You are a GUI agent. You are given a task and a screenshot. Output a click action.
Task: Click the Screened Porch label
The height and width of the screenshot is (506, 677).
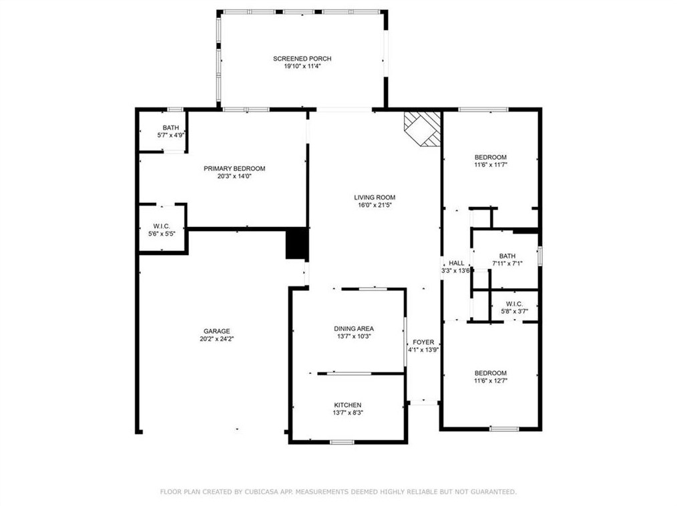pos(302,59)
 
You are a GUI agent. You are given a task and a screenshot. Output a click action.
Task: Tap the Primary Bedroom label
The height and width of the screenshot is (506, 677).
pos(234,168)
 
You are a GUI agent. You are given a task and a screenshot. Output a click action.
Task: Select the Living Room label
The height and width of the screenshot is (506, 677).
pos(375,198)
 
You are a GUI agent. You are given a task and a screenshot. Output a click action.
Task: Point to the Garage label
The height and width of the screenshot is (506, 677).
pos(217,331)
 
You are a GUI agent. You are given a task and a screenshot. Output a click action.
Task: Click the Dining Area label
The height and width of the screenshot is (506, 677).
pos(354,328)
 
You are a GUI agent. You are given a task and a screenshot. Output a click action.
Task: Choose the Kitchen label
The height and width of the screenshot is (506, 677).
pos(348,405)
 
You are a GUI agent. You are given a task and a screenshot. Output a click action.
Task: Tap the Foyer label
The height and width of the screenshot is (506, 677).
pos(423,342)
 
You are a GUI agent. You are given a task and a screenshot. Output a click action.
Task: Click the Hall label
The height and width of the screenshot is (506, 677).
pos(457,263)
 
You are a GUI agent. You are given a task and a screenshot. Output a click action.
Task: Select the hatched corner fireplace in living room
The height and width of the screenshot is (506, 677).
pos(422,129)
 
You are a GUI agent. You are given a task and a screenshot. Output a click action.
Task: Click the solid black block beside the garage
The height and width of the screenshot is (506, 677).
pos(297,244)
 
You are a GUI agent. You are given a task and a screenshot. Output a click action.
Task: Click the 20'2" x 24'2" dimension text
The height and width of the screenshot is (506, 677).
pos(217,339)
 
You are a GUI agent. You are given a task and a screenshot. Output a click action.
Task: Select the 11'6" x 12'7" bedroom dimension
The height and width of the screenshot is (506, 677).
pos(491,381)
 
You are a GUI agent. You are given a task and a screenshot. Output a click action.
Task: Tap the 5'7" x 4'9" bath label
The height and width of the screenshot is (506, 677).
pos(171,135)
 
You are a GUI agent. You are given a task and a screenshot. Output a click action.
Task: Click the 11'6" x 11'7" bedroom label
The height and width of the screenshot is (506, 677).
pos(491,161)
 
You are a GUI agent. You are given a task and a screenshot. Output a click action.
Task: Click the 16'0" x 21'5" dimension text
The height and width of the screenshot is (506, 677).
pos(375,205)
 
